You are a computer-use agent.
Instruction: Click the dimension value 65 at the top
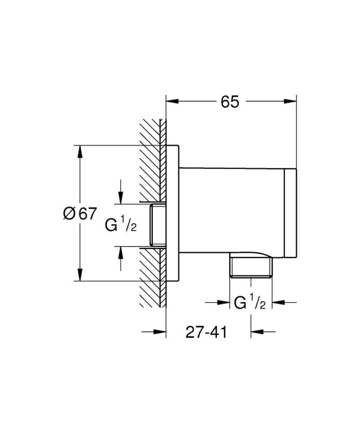click(x=230, y=102)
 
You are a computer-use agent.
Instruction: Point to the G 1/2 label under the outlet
click(x=250, y=303)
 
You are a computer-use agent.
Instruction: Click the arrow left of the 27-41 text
click(x=159, y=332)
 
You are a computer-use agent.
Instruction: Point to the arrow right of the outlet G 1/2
click(x=278, y=303)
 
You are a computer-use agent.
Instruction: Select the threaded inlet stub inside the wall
click(x=157, y=224)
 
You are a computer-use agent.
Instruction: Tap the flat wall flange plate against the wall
click(x=173, y=213)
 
